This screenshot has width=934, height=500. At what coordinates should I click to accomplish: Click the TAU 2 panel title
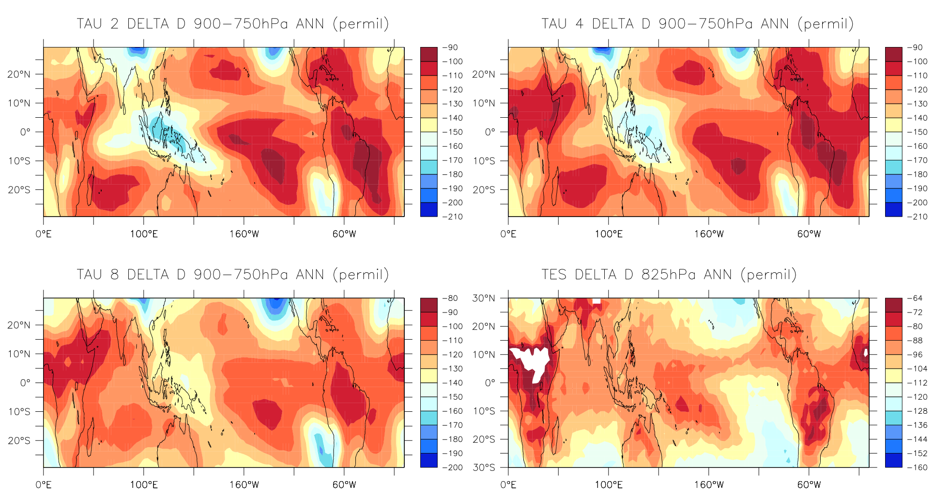[232, 24]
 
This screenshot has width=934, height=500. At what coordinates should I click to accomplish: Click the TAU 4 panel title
[697, 24]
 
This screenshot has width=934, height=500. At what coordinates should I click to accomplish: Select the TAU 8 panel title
[232, 275]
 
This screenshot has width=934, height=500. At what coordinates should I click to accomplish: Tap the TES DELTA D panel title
[669, 275]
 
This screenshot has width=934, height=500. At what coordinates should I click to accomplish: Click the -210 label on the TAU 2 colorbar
[452, 217]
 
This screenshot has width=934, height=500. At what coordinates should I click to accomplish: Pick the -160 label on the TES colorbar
[917, 468]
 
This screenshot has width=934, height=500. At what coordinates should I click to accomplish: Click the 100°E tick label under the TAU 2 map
[144, 234]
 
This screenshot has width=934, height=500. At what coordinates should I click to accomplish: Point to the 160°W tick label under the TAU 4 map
[709, 234]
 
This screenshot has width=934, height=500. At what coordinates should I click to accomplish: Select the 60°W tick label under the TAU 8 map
[344, 485]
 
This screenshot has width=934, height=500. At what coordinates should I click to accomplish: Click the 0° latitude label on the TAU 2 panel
[25, 132]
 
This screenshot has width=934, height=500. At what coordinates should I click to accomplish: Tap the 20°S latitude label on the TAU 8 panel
[19, 440]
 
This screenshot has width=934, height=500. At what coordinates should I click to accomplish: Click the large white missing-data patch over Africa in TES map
[533, 361]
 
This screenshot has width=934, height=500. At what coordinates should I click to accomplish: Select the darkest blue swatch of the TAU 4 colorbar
[893, 209]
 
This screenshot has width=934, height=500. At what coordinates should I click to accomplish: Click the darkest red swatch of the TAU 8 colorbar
[429, 305]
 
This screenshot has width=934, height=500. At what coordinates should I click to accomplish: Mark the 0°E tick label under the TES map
[508, 485]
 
